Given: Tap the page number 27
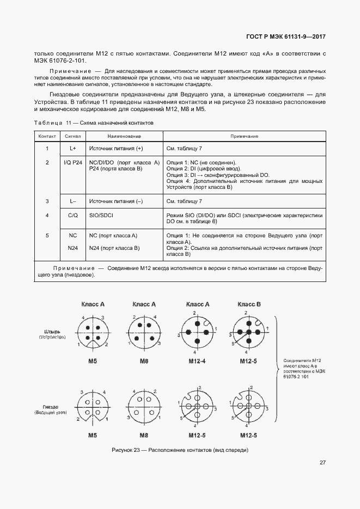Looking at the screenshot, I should (x=322, y=462).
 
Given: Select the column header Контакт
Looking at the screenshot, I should (x=47, y=136).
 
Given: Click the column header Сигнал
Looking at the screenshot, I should (x=72, y=136).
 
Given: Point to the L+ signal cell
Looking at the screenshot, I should (x=72, y=149).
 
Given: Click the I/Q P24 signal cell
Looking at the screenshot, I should (x=72, y=163).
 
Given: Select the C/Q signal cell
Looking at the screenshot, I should (x=72, y=216).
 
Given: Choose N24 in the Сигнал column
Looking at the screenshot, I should (x=72, y=248).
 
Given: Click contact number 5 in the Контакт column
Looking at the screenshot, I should (x=47, y=235).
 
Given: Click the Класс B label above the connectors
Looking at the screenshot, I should (x=249, y=304).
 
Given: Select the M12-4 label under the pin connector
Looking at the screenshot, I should (x=197, y=361).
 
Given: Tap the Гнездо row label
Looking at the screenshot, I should (x=52, y=407).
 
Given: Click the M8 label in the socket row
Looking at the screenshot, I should (x=144, y=436).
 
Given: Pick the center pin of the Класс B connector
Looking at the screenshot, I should (x=249, y=332).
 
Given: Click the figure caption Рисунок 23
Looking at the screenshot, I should (x=180, y=450).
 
